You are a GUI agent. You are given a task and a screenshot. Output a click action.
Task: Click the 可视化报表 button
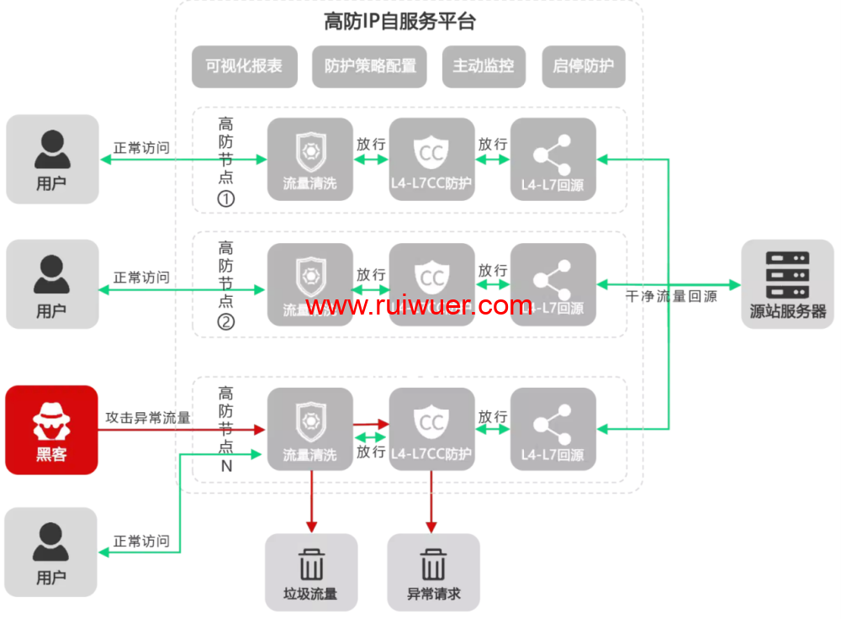pos(245,66)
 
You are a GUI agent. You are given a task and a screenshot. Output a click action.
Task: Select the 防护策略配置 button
pos(370,66)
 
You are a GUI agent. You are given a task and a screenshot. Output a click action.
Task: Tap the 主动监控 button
pos(484,66)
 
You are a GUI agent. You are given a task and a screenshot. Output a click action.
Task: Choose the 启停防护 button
pos(584,66)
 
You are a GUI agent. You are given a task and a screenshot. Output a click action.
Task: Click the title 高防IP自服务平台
pos(399,22)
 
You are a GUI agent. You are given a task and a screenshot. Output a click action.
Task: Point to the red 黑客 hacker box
pos(52,430)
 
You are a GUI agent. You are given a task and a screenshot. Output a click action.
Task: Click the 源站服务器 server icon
pos(787,283)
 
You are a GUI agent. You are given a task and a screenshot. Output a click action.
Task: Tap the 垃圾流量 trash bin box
pos(311,571)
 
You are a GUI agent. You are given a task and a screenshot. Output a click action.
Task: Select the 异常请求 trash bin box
pos(433,571)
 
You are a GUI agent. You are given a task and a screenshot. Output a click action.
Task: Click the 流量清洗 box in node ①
pos(310,159)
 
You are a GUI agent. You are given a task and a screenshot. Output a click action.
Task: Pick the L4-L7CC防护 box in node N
pos(431,430)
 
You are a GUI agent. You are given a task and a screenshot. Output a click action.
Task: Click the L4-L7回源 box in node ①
pos(553,159)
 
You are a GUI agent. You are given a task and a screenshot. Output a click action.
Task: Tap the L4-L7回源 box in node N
pos(553,430)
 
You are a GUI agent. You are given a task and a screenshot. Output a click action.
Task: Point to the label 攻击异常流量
pos(148,417)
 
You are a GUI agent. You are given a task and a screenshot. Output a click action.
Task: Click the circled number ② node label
pos(225,321)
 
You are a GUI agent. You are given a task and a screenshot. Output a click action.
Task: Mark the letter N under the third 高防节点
pos(225,465)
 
